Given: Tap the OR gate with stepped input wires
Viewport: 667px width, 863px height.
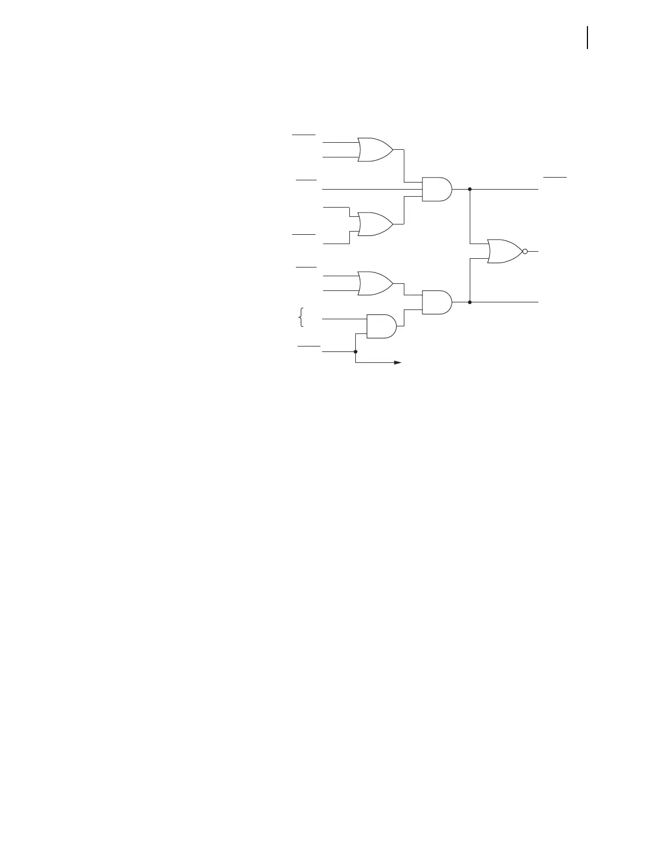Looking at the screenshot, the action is pyautogui.click(x=375, y=224).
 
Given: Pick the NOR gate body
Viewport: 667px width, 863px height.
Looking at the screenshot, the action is pyautogui.click(x=505, y=251).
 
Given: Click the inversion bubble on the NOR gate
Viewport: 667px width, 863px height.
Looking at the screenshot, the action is pyautogui.click(x=525, y=251).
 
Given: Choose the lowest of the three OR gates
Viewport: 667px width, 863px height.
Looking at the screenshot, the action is pyautogui.click(x=375, y=283).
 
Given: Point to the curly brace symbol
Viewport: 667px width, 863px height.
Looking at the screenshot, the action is pyautogui.click(x=301, y=317).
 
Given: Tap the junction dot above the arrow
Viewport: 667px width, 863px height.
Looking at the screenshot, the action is pyautogui.click(x=355, y=352).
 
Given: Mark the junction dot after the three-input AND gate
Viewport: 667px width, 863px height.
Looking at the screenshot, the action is pyautogui.click(x=470, y=189).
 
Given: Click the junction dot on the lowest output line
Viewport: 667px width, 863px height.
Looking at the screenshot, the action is pyautogui.click(x=470, y=302).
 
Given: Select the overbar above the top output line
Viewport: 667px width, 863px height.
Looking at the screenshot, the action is pyautogui.click(x=555, y=178).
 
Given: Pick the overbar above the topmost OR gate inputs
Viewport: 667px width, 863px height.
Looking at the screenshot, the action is pyautogui.click(x=304, y=133).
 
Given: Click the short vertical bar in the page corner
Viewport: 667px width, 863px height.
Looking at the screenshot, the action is pyautogui.click(x=588, y=38).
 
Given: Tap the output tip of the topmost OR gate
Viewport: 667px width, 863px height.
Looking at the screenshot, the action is pyautogui.click(x=392, y=149).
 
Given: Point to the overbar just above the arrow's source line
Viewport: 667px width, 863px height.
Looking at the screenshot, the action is pyautogui.click(x=308, y=346).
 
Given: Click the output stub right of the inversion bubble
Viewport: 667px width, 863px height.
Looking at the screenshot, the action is pyautogui.click(x=533, y=251).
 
